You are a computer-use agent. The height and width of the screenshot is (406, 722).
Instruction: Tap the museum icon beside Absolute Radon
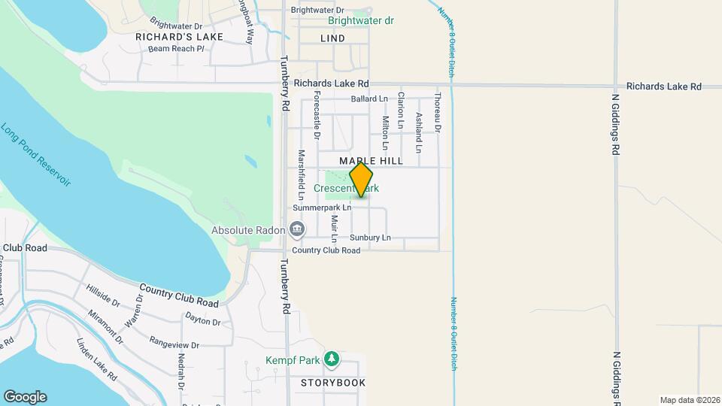coord(296,229)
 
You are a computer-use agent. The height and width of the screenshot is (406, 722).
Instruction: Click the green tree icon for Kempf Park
coord(331,360)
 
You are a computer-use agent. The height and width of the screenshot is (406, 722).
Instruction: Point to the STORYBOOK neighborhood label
coord(333,383)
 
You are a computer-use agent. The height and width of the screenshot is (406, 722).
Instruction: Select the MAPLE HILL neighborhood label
coord(371,161)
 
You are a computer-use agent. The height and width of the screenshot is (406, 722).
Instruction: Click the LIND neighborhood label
coord(332,38)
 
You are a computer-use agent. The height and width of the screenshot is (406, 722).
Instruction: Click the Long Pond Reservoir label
coord(35,155)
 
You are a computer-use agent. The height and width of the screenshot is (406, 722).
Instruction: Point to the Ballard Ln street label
coord(369,99)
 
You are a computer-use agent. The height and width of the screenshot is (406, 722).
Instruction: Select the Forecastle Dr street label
coord(317,116)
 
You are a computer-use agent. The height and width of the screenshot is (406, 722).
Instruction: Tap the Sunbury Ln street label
coord(370,238)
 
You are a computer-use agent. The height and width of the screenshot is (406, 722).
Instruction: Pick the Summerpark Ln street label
coord(322,207)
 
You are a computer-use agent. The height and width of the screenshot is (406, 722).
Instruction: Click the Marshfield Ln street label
coord(301,174)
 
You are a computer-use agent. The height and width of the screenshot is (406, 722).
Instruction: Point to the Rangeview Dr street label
coord(174,346)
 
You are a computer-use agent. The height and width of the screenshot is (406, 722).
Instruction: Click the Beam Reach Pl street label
coord(176,49)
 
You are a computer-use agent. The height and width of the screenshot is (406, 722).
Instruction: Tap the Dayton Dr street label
coord(202,320)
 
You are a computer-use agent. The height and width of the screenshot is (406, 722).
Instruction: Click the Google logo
coord(25,397)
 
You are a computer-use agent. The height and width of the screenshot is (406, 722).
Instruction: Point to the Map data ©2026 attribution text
coord(689,400)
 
